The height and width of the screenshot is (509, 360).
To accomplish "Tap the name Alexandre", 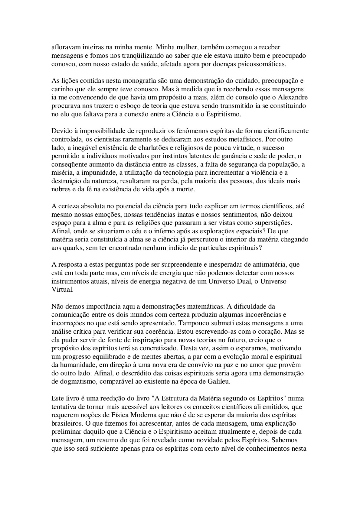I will coord(293,98).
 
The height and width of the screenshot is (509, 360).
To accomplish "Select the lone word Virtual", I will coord(62,290).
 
